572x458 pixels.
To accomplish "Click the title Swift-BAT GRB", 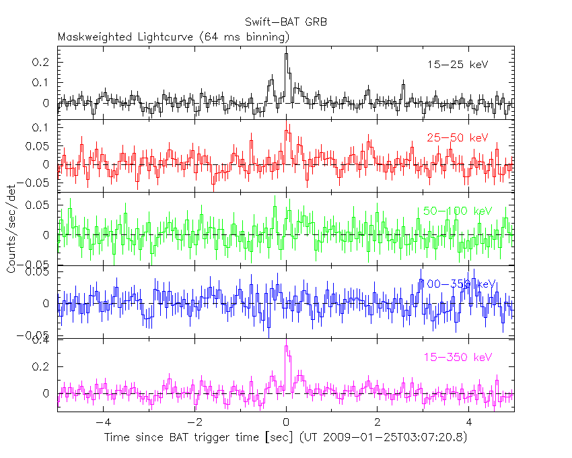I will (286, 22).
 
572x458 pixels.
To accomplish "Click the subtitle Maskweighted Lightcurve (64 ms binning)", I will (174, 36).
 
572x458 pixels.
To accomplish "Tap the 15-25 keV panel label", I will (457, 65).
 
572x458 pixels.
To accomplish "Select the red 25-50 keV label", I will (457, 137).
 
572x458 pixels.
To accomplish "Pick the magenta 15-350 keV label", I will (458, 356).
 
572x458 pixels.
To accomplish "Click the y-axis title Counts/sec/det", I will (11, 228).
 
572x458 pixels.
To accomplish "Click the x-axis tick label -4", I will (103, 424).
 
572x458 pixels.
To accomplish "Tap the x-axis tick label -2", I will (194, 424).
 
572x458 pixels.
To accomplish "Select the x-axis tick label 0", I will (286, 424).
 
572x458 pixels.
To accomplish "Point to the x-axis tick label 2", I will (378, 424).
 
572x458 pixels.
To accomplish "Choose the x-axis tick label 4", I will (469, 424).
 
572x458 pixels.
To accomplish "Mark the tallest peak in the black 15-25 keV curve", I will (286, 54).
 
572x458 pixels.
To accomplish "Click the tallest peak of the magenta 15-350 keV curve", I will (286, 346).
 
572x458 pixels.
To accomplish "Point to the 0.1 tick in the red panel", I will (44, 127).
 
